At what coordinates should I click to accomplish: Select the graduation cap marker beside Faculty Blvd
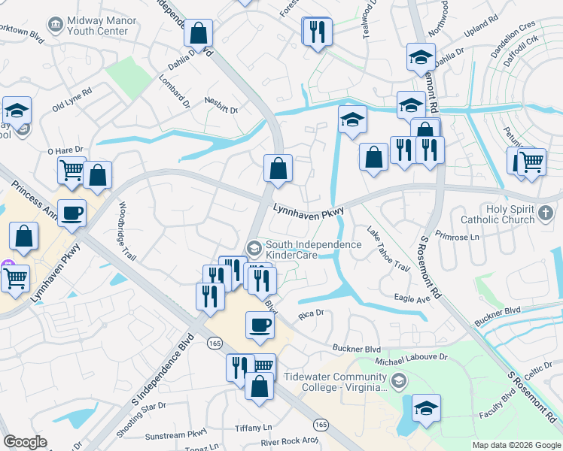426,407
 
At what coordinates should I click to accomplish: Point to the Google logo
26,442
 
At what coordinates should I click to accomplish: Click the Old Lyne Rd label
72,98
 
